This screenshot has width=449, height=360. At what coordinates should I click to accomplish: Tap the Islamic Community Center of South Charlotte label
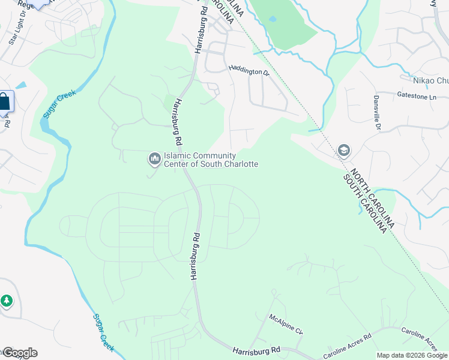[211, 160]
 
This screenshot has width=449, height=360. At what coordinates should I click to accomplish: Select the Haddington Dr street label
[249, 71]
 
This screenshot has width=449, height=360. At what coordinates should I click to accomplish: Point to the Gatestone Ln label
[415, 96]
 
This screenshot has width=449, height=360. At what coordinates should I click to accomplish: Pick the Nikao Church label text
[430, 81]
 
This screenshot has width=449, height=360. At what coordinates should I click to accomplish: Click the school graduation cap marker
[344, 149]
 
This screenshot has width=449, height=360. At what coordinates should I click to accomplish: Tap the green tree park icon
[7, 300]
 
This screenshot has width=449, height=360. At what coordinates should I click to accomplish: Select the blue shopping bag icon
[4, 101]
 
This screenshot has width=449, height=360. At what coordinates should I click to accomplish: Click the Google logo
[20, 353]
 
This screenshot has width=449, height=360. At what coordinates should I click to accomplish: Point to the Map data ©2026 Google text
[412, 355]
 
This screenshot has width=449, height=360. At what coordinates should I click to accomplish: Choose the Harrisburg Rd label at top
[200, 28]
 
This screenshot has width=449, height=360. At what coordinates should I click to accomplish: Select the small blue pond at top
[273, 19]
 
